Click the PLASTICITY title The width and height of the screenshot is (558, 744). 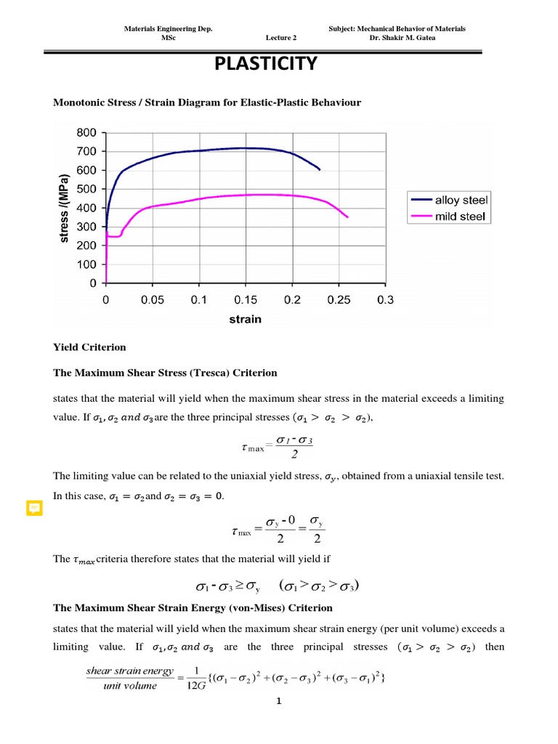click(x=266, y=65)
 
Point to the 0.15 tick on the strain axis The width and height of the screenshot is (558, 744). click(x=246, y=299)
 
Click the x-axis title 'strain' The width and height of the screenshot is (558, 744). click(x=246, y=319)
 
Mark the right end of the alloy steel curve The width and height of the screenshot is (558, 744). click(x=320, y=169)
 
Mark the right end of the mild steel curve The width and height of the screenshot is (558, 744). click(x=348, y=217)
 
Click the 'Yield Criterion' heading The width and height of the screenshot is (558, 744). click(x=89, y=347)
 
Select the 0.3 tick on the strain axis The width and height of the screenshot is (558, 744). click(x=385, y=299)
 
